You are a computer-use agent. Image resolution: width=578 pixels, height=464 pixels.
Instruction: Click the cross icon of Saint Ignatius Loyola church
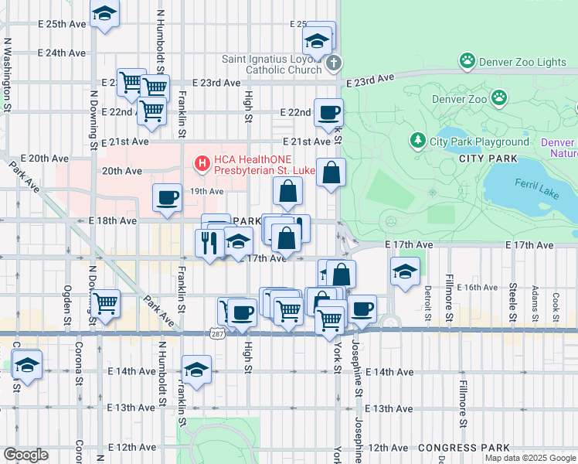coord(333,63)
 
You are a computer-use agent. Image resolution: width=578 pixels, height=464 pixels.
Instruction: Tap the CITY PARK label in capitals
coord(487,159)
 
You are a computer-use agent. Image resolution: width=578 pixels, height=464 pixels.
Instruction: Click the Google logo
coord(25,455)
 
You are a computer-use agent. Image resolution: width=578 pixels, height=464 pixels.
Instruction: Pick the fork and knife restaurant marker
coord(209,242)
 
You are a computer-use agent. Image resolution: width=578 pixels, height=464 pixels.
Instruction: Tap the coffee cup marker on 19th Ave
coord(167,197)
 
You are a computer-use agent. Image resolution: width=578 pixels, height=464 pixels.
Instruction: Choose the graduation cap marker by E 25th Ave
coord(104,13)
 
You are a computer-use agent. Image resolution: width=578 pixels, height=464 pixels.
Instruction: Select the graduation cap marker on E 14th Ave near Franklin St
coord(196,369)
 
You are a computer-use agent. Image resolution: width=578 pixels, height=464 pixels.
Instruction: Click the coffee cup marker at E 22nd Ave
coord(328,112)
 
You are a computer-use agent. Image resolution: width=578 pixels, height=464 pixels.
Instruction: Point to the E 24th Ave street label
coord(62,53)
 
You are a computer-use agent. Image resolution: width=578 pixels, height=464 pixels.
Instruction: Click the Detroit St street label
coord(427,302)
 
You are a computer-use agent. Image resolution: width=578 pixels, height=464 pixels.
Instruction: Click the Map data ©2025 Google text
coord(529,458)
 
